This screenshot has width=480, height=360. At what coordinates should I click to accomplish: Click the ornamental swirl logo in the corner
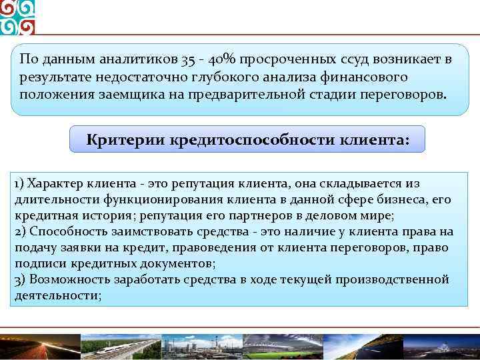[17, 17]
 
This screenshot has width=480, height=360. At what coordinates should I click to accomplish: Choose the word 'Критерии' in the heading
[126, 140]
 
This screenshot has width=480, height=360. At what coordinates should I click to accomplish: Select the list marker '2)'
[19, 232]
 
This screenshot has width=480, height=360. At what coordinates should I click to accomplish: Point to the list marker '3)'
[19, 280]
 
